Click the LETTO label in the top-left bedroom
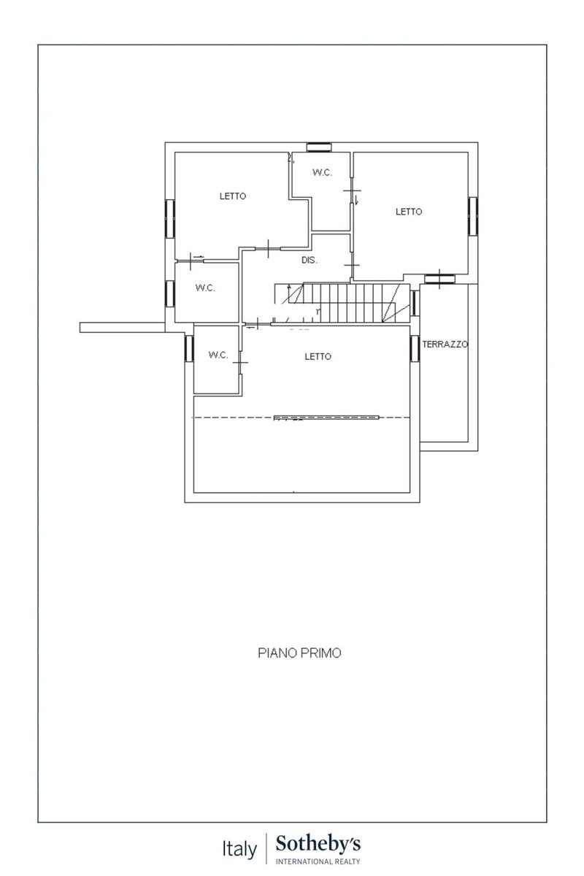click(x=233, y=196)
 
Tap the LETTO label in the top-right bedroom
click(x=409, y=212)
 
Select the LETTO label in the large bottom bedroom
click(x=318, y=356)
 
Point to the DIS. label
click(x=309, y=260)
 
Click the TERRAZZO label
click(x=445, y=344)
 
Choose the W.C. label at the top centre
click(x=323, y=172)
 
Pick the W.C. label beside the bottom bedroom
click(x=218, y=355)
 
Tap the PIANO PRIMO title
click(x=299, y=653)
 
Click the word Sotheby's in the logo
click(x=318, y=844)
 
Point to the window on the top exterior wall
click(x=319, y=147)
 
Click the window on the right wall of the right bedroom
click(x=473, y=216)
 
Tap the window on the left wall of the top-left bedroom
click(x=170, y=218)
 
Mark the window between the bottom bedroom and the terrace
click(x=415, y=348)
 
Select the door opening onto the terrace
click(x=439, y=279)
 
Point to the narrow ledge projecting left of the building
click(x=122, y=327)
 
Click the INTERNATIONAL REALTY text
click(x=318, y=861)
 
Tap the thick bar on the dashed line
click(x=326, y=418)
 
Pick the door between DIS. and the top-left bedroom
click(x=268, y=248)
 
